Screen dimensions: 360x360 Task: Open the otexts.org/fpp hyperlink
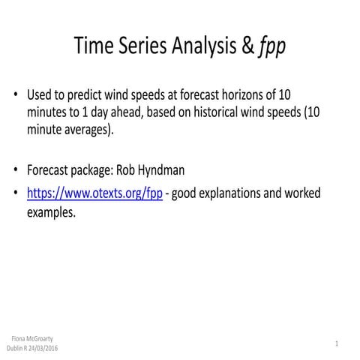coord(94,193)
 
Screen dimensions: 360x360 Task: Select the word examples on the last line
coord(50,211)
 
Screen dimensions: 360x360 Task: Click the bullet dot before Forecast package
coord(16,170)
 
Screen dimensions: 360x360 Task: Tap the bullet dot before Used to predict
coord(16,97)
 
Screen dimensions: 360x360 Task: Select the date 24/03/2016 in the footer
coord(42,348)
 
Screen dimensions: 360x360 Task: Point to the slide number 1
coord(337,343)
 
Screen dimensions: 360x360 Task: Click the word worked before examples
coord(301,193)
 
